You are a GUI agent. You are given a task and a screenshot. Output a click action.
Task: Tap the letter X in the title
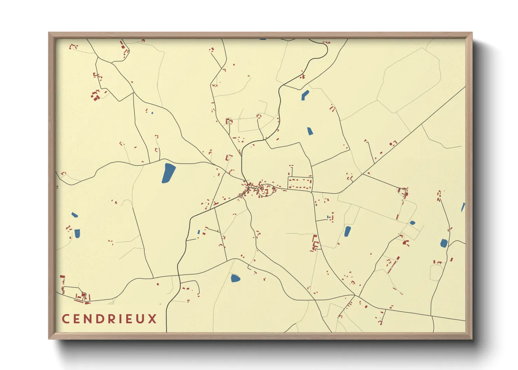point(152,319)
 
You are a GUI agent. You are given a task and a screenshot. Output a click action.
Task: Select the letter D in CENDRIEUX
point(97,319)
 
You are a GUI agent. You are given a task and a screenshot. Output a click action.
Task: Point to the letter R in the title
point(108,319)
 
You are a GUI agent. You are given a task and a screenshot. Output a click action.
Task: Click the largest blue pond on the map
point(168,173)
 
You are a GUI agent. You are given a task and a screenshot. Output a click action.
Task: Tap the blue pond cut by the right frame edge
point(463,207)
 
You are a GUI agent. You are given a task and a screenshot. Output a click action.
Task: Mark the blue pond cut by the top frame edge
point(263,39)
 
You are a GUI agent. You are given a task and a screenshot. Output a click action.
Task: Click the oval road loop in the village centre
point(265,190)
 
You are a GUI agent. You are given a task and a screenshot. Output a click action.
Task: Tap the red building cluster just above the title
point(81,297)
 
